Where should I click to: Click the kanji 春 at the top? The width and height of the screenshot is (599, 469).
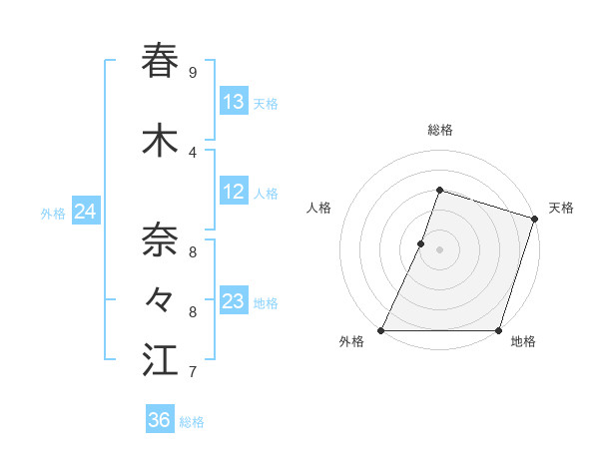pos(161,61)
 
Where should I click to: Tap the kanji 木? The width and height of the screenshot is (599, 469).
pos(161,141)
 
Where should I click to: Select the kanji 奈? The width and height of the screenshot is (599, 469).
pos(161,239)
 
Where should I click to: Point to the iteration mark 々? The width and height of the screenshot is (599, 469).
pos(161,298)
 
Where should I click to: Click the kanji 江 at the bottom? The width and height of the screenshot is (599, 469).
pos(161,360)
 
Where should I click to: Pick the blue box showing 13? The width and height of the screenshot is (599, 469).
pos(234,102)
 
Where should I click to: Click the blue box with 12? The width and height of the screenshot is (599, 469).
pos(234,193)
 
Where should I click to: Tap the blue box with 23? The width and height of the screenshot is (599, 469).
pos(234,302)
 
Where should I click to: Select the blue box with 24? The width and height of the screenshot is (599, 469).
pos(86,213)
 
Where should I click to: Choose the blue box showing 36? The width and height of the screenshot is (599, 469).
pos(160,420)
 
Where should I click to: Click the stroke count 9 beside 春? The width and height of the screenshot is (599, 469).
pos(193,73)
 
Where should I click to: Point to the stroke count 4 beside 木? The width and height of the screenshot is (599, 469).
pos(193,153)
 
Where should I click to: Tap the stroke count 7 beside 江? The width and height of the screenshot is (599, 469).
pos(193,372)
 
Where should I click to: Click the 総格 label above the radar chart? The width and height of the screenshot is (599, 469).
pos(439,130)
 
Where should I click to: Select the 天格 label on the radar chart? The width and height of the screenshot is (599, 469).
pos(561,208)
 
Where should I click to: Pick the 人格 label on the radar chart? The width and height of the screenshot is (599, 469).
pos(318,208)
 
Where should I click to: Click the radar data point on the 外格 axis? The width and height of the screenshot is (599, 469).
pos(381,330)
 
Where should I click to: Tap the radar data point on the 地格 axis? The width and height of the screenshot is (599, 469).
pos(498,330)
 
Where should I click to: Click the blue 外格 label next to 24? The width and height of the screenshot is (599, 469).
pos(53,214)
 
